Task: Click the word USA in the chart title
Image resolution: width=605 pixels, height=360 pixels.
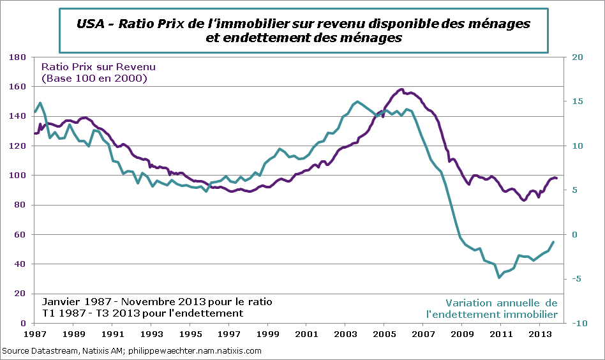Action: click(x=91, y=24)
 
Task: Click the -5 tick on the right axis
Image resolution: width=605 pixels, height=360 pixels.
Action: click(x=577, y=278)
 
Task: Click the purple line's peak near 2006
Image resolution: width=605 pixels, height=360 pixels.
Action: click(x=401, y=89)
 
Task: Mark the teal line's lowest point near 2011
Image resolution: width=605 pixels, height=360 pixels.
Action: click(x=499, y=278)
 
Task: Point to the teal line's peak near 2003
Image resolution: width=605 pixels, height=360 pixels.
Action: click(x=357, y=101)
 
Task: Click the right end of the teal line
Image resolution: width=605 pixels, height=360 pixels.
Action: click(x=553, y=242)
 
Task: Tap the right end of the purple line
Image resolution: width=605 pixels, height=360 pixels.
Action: click(x=556, y=178)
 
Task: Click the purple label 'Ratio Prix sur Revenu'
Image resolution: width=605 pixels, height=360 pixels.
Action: click(x=98, y=66)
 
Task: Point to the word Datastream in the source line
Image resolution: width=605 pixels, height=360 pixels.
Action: click(x=54, y=351)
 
